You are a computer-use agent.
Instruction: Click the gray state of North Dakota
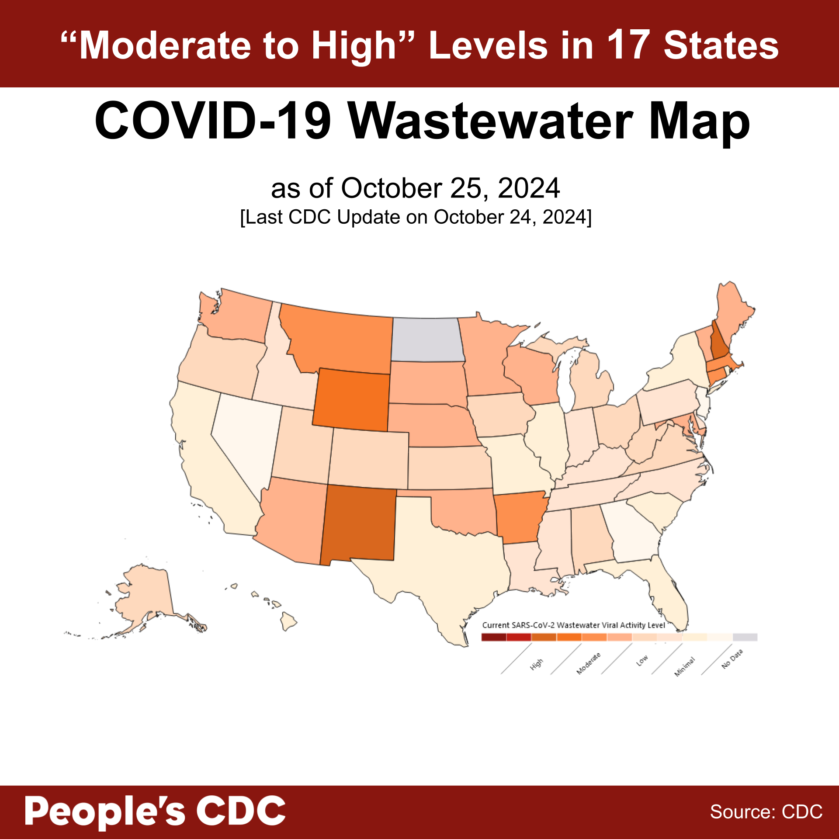427,340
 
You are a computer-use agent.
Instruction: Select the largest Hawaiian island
288,621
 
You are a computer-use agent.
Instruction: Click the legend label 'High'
537,664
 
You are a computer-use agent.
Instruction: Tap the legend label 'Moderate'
588,663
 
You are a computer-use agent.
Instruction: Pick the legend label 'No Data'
732,659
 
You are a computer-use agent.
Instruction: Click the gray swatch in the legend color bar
745,637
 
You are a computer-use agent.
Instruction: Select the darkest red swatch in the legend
494,637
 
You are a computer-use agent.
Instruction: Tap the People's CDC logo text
155,811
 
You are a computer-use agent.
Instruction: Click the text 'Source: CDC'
766,812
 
